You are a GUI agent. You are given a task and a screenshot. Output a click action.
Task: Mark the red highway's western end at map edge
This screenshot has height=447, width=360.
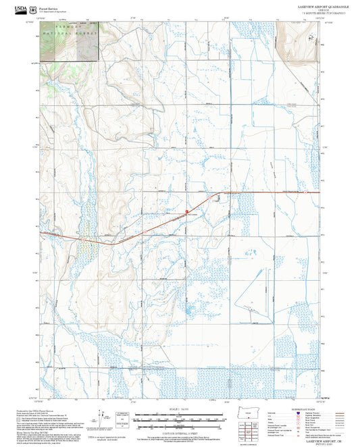pyautogui.click(x=40, y=233)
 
